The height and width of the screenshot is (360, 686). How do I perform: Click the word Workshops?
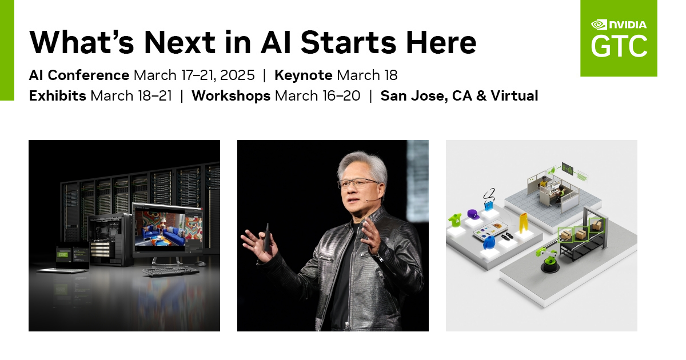point(231,96)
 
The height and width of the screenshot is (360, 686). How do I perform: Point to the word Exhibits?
point(57,96)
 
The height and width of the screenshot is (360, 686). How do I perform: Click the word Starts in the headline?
point(350,42)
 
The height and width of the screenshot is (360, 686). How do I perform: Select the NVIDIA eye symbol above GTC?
point(599,25)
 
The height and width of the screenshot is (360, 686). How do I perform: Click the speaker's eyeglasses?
point(357,183)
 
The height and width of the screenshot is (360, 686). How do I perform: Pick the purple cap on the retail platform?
point(472,214)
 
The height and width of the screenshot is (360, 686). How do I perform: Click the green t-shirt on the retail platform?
point(456,219)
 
